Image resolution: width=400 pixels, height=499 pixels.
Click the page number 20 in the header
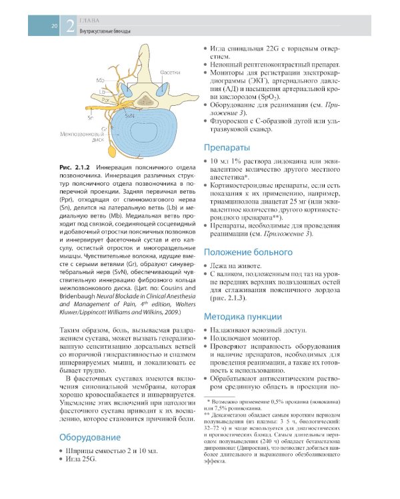(53, 27)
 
